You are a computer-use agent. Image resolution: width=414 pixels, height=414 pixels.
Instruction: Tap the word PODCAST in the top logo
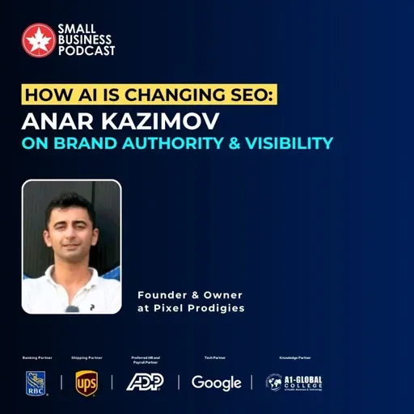[x=86, y=50]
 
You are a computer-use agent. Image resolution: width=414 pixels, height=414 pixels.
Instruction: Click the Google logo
[x=216, y=382]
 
